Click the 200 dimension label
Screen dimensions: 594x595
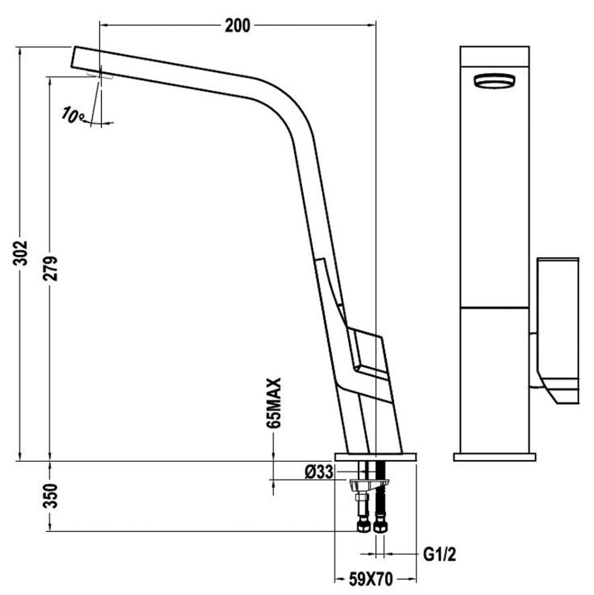[x=237, y=26]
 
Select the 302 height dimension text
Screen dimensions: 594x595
[x=21, y=253]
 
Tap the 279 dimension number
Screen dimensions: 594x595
[x=50, y=268]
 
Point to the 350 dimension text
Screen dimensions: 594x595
[x=50, y=495]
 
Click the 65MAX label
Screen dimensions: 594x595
[x=274, y=403]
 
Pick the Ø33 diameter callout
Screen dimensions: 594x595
[x=319, y=472]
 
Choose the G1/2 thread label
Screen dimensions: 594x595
[x=439, y=555]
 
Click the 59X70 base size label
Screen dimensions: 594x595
[x=371, y=579]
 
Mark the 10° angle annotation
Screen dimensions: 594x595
[x=72, y=114]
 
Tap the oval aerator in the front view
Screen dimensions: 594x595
[x=494, y=81]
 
